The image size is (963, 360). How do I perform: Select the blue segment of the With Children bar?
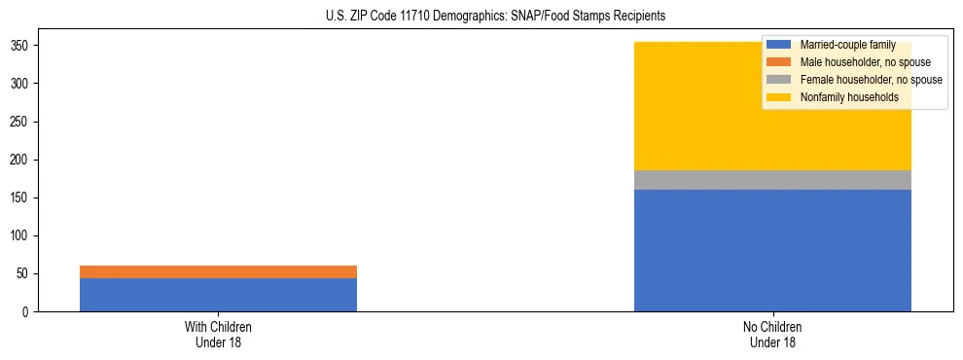218,295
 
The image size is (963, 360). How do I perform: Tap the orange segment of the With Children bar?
218,271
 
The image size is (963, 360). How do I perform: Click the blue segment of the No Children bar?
772,250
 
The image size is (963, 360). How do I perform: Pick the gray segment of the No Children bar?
772,180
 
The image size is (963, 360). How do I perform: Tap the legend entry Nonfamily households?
842,97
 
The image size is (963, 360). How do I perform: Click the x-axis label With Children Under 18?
218,335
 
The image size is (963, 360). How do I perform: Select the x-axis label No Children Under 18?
772,335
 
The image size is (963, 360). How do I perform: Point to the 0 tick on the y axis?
27,312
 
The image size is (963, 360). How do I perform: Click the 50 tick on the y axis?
24,274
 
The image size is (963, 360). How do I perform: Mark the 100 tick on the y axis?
21,236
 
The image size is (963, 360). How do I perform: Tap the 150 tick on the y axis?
21,198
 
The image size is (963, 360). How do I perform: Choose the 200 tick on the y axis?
21,161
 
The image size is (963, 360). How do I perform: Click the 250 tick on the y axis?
21,123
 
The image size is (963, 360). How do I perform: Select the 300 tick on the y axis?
21,85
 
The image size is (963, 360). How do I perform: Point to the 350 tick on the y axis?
21,47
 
